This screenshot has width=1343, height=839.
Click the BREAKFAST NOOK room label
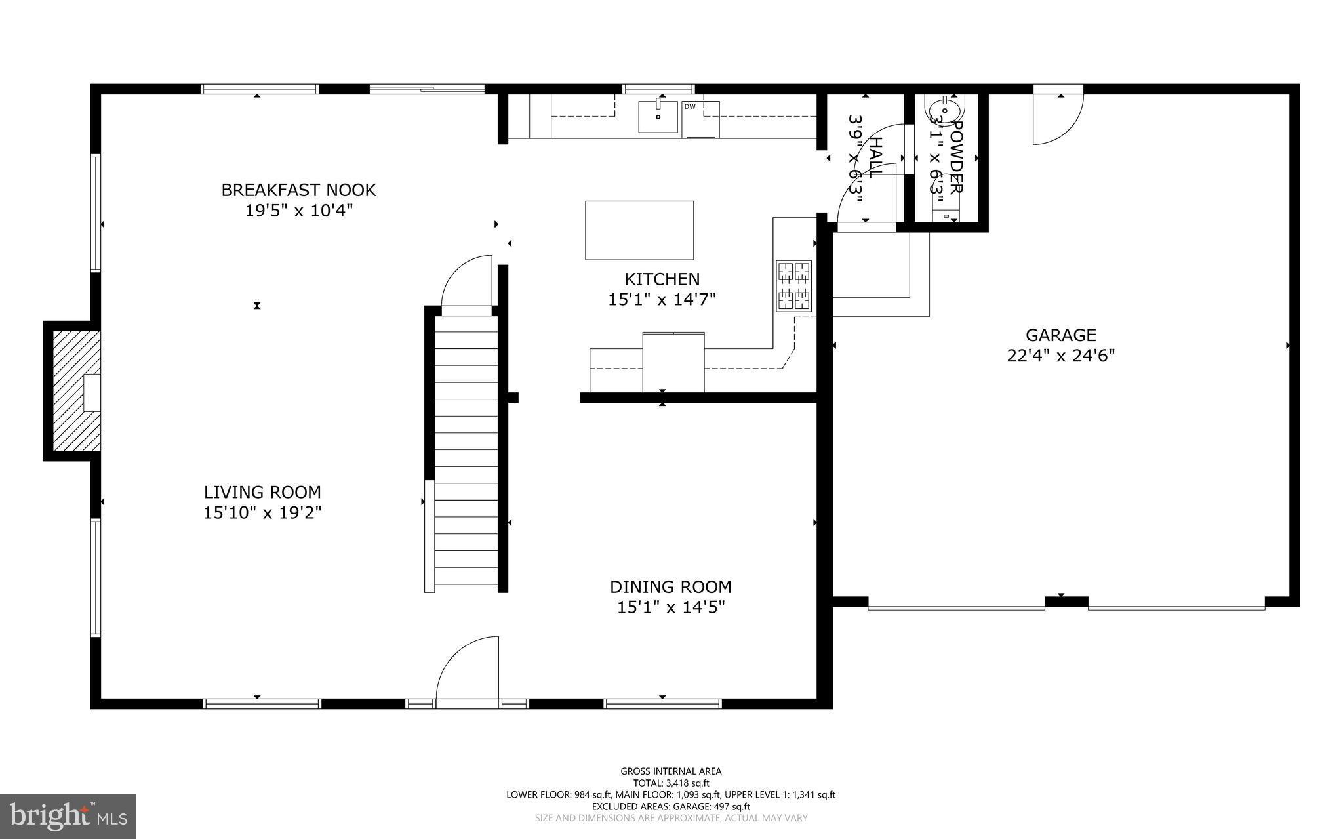tap(298, 190)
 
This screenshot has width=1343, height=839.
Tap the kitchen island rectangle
tap(639, 230)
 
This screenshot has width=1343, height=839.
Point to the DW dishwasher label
tap(689, 106)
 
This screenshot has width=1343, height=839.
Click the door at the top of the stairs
tap(467, 282)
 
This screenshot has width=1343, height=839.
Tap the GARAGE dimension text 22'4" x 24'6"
tap(1060, 356)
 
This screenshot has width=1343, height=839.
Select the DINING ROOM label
tap(670, 586)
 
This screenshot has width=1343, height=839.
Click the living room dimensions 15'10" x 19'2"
tap(262, 512)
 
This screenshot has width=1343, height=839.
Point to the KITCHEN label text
tap(662, 279)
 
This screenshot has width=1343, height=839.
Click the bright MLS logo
tap(68, 816)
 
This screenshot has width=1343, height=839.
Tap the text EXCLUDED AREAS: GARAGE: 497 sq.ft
tap(670, 806)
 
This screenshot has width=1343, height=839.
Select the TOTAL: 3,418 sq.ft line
tap(670, 783)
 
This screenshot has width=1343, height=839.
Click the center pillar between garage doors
tap(1066, 601)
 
